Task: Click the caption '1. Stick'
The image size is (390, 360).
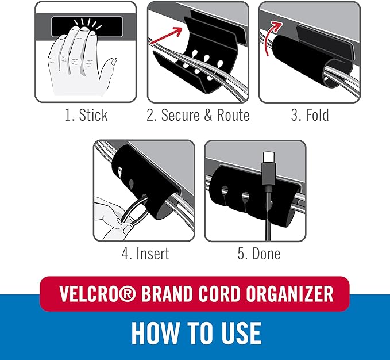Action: coord(86,115)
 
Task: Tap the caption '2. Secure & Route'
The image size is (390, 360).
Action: coord(198,115)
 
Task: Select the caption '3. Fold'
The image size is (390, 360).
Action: coord(309,115)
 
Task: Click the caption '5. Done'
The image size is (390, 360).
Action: coord(259,253)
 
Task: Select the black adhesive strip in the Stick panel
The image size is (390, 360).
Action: coord(86,26)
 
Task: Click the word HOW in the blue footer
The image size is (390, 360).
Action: coord(153,333)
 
